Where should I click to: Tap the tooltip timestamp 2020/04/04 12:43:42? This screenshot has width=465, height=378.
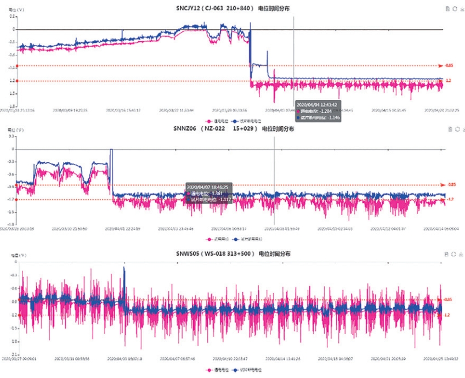pyautogui.click(x=315, y=103)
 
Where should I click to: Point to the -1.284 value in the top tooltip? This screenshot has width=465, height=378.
pyautogui.click(x=326, y=110)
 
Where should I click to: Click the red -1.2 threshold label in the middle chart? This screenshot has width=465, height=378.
pyautogui.click(x=450, y=199)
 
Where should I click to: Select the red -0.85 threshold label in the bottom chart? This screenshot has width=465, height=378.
pyautogui.click(x=447, y=300)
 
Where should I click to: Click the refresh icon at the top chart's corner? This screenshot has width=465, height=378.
pyautogui.click(x=455, y=9)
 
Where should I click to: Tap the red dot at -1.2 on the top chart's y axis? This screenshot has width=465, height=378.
pyautogui.click(x=18, y=81)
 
